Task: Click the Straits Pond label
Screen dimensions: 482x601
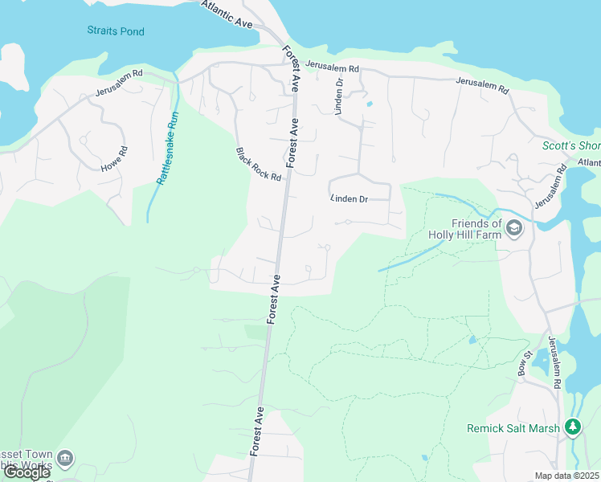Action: tap(116, 31)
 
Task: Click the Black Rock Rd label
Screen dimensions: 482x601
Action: tap(259, 164)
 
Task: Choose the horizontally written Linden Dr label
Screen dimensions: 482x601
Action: tap(349, 198)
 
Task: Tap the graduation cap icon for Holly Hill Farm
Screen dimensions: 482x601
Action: tap(514, 231)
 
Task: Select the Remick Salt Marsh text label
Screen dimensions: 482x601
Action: tap(513, 428)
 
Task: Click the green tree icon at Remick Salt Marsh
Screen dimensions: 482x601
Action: tap(573, 427)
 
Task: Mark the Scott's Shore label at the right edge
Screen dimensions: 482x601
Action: tap(570, 145)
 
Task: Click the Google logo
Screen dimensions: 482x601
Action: tap(27, 472)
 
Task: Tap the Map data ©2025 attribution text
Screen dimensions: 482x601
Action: tap(566, 476)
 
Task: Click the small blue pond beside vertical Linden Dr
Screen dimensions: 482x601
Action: tap(369, 104)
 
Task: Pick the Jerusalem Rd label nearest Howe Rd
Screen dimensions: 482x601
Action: tap(119, 83)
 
